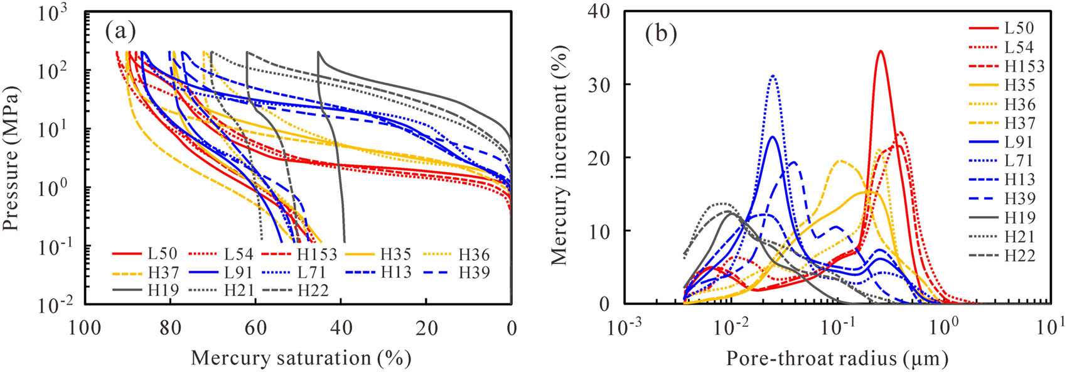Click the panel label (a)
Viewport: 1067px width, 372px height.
pos(121,31)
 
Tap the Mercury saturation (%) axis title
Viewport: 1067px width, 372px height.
pos(301,358)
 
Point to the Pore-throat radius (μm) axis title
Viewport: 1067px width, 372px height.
pos(837,359)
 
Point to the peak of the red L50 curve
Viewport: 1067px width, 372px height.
pos(881,52)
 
